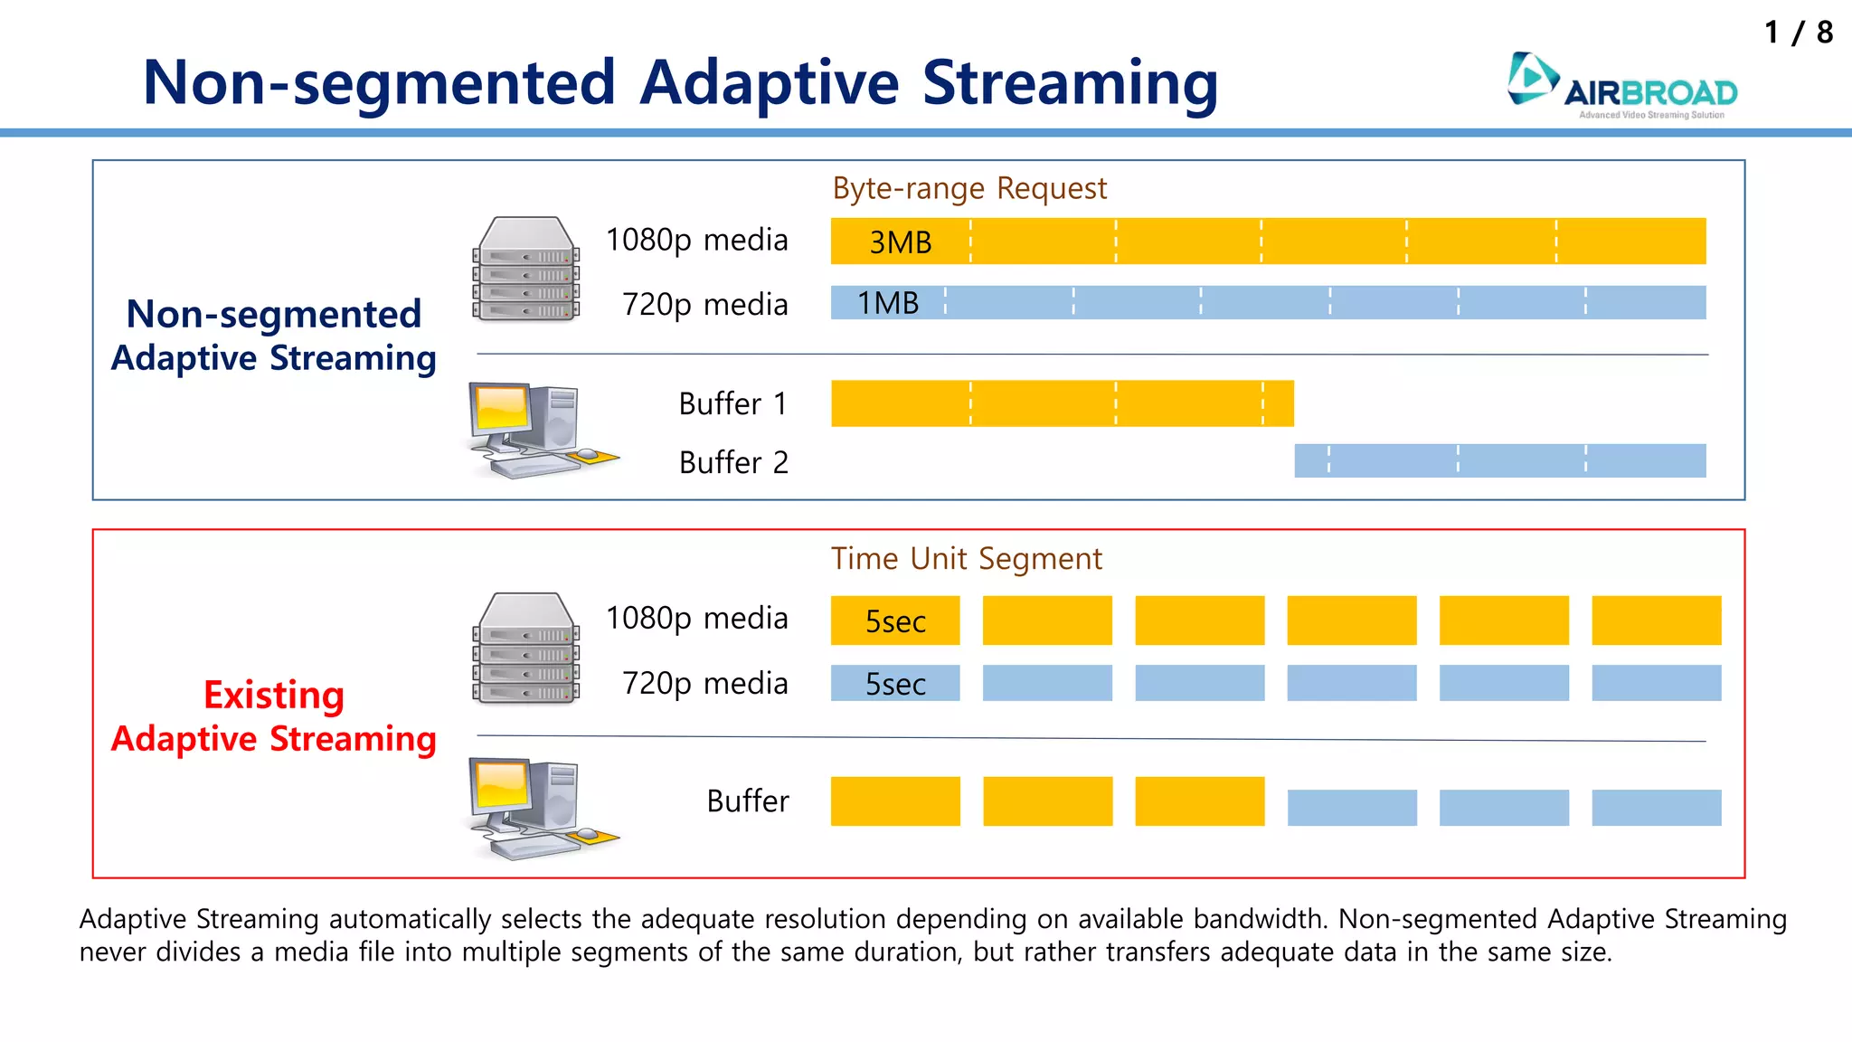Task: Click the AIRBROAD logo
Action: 1622,85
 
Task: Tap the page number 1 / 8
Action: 1798,33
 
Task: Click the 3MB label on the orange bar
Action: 900,242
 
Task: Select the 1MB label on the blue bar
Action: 888,303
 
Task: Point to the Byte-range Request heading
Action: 969,188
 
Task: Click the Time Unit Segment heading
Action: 966,559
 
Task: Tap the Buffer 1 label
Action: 732,403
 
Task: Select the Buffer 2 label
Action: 732,462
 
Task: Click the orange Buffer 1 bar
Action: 1062,403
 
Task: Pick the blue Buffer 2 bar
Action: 1499,460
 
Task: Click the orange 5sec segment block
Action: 895,620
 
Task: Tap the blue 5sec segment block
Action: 895,684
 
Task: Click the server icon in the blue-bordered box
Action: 525,269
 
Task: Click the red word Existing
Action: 273,695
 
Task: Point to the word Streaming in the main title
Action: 1070,83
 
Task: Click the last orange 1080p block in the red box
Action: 1656,620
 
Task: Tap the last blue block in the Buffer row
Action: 1656,807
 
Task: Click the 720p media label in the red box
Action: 704,684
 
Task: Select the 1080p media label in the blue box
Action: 696,240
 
